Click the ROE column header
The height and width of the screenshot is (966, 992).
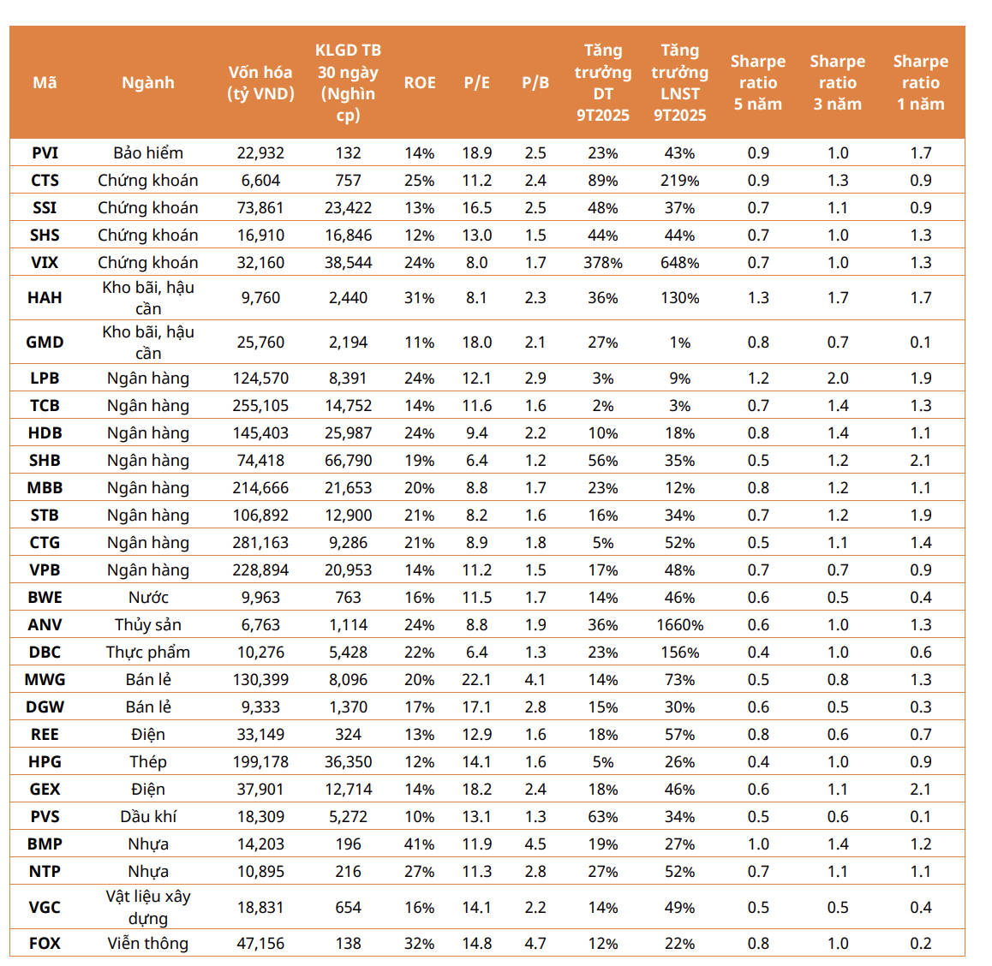point(420,83)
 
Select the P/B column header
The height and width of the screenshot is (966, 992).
point(535,83)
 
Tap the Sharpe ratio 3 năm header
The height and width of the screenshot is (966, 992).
point(837,83)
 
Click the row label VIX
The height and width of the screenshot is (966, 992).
point(45,263)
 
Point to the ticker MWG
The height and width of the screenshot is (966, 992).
point(45,680)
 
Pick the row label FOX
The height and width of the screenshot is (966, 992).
point(45,944)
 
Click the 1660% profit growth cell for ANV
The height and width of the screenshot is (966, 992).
point(679,625)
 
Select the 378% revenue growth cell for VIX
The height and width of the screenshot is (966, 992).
point(603,263)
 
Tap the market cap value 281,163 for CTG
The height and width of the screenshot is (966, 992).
point(260,543)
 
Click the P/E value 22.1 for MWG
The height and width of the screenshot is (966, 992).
point(476,680)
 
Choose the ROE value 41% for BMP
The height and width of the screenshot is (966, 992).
point(420,844)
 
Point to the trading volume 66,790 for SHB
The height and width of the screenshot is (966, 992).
point(348,461)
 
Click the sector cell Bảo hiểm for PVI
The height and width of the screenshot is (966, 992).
point(148,153)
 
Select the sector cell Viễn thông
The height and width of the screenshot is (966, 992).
point(148,944)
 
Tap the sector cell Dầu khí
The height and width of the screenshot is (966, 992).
point(148,817)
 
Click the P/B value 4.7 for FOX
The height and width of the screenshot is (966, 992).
point(535,944)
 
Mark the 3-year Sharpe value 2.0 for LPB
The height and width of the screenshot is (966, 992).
point(837,379)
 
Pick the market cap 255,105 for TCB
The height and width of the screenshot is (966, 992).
point(260,406)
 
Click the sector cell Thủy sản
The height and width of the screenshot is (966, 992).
point(148,625)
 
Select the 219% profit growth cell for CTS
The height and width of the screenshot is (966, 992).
point(679,181)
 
